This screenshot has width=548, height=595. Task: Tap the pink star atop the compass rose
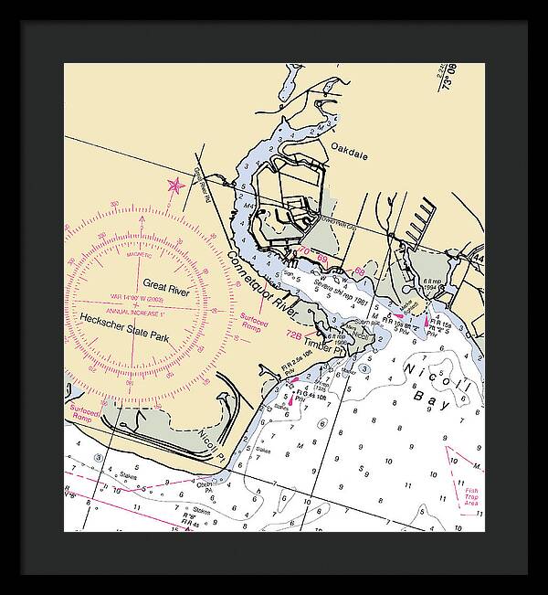(x=174, y=186)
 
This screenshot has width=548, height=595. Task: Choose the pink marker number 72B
(x=294, y=335)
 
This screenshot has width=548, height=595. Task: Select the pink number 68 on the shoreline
(x=359, y=271)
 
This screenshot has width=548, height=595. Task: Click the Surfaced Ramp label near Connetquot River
(x=254, y=323)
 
